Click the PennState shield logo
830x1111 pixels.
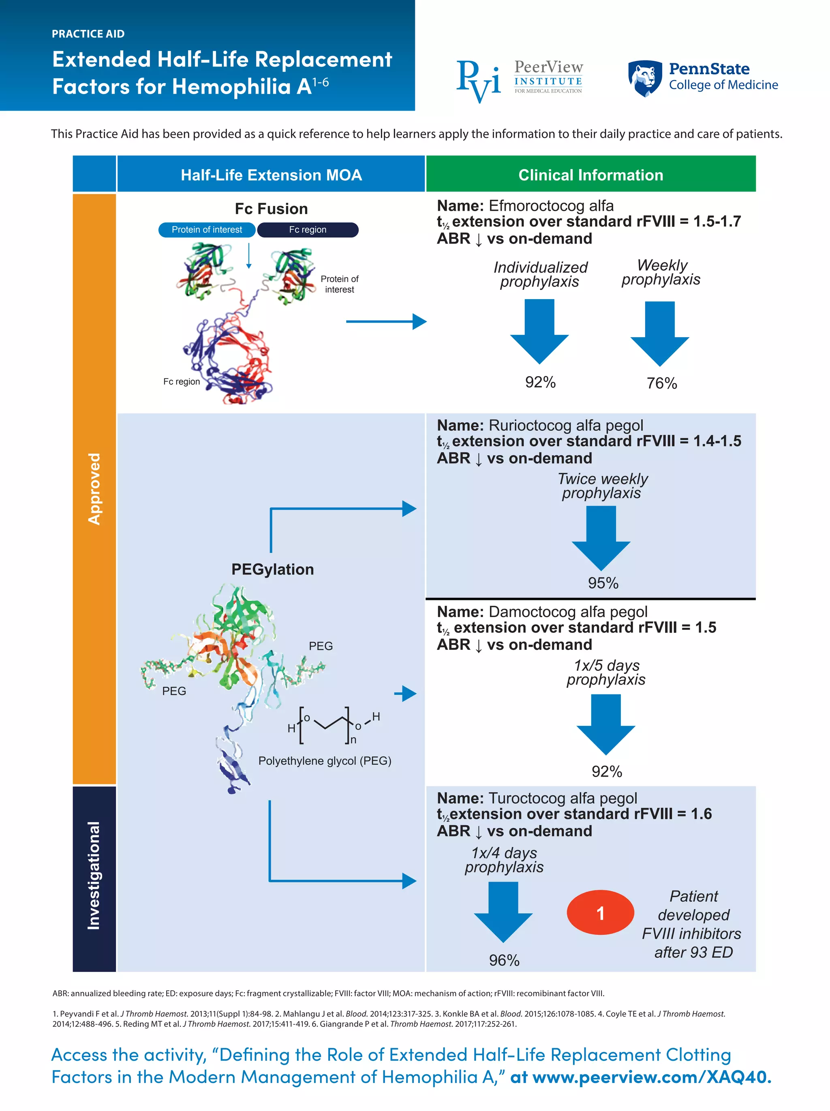[x=644, y=78]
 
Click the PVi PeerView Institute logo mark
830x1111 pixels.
[x=477, y=80]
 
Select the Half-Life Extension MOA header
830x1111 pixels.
[x=271, y=175]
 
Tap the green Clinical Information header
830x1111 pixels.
[x=590, y=175]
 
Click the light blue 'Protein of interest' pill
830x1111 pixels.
[x=206, y=229]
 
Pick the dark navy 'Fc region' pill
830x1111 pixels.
[x=307, y=229]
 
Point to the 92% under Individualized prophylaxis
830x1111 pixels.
[x=540, y=382]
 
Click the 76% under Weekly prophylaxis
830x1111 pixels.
[x=661, y=383]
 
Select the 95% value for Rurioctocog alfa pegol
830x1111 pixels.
[x=603, y=582]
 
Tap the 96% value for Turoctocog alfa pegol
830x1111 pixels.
[x=504, y=960]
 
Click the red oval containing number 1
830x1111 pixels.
[x=600, y=913]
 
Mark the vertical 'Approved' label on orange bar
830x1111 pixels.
[x=94, y=489]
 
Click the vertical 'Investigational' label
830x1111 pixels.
[x=94, y=875]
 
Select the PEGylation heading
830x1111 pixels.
[x=272, y=569]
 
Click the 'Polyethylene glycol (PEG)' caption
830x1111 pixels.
[x=324, y=760]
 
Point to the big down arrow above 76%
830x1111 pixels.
[x=659, y=334]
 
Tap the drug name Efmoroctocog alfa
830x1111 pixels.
[x=550, y=206]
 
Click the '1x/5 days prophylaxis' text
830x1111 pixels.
[x=605, y=672]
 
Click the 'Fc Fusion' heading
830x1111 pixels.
[x=271, y=208]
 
